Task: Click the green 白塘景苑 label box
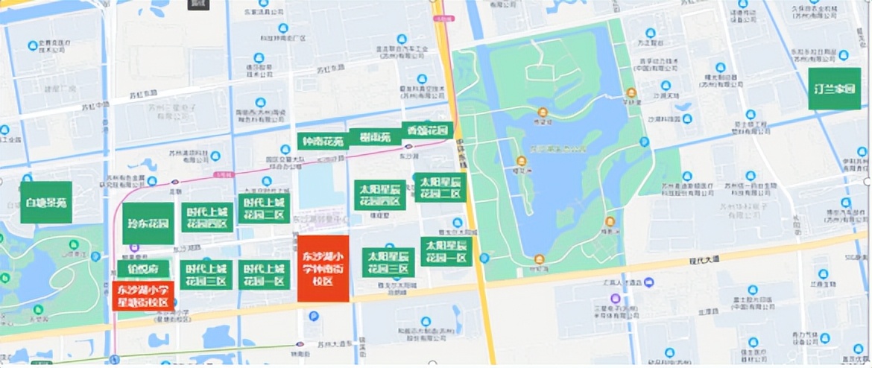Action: coord(46,202)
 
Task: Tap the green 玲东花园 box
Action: coord(148,223)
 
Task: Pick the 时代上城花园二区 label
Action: coord(264,209)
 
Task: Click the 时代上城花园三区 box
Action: coord(206,275)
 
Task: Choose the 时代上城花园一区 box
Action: coord(264,275)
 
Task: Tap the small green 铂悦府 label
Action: coord(143,270)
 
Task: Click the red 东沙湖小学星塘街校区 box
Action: coord(143,296)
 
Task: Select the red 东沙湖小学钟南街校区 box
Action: coord(323,268)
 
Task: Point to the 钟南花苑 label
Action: coord(322,141)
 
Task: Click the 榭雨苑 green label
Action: coord(375,138)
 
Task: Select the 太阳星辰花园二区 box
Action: coord(440,188)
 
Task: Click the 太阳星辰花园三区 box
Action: coord(388,262)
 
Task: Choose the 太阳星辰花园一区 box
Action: coord(446,251)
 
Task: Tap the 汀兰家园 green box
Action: coord(834,89)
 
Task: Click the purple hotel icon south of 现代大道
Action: coord(648,282)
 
